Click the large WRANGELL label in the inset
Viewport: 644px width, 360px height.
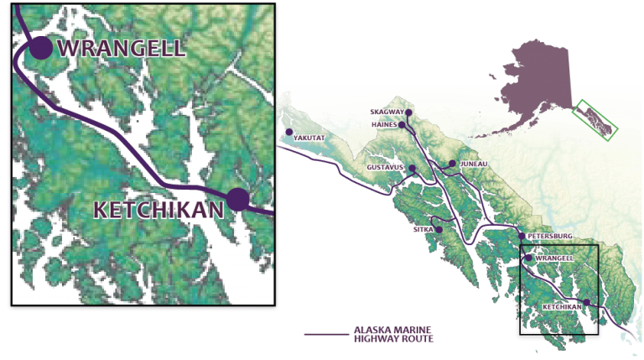(x=122, y=47)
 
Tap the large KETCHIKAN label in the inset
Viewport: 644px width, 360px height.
(x=159, y=210)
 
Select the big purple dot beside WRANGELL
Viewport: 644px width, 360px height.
(x=39, y=48)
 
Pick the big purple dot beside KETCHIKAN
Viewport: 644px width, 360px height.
(x=238, y=199)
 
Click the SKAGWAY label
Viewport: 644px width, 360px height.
(x=387, y=112)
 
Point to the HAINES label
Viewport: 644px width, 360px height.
(x=385, y=125)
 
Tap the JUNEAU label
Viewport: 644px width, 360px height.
(x=474, y=164)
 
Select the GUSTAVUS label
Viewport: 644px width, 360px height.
(x=385, y=168)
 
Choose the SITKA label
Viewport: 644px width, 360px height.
(x=422, y=228)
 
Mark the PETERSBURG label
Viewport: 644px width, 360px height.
(x=550, y=237)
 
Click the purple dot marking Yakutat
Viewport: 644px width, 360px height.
(x=289, y=133)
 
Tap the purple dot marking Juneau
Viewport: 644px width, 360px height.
(x=452, y=164)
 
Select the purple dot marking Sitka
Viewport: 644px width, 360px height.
(x=439, y=229)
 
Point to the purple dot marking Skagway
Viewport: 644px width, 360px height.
(x=409, y=112)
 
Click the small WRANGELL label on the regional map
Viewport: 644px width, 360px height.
(x=553, y=258)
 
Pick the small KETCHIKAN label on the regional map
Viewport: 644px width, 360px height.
(x=562, y=307)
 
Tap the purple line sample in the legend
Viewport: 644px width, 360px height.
(x=326, y=335)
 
